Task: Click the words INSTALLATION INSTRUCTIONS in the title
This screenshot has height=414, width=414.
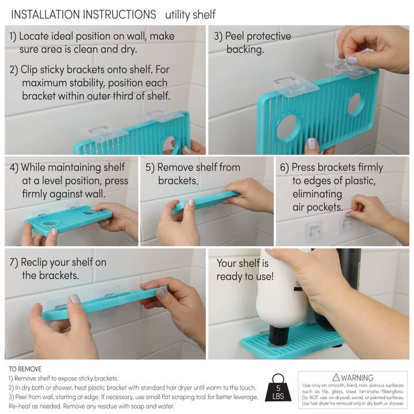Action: pos(83,14)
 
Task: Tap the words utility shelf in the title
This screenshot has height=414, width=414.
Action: pos(190,14)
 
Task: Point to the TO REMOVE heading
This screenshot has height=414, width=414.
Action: pos(25,369)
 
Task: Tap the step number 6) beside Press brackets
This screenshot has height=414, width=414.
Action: pos(284,167)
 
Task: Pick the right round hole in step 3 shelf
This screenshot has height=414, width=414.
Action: pos(354,103)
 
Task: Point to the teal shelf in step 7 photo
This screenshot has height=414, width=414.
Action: pos(103,302)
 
